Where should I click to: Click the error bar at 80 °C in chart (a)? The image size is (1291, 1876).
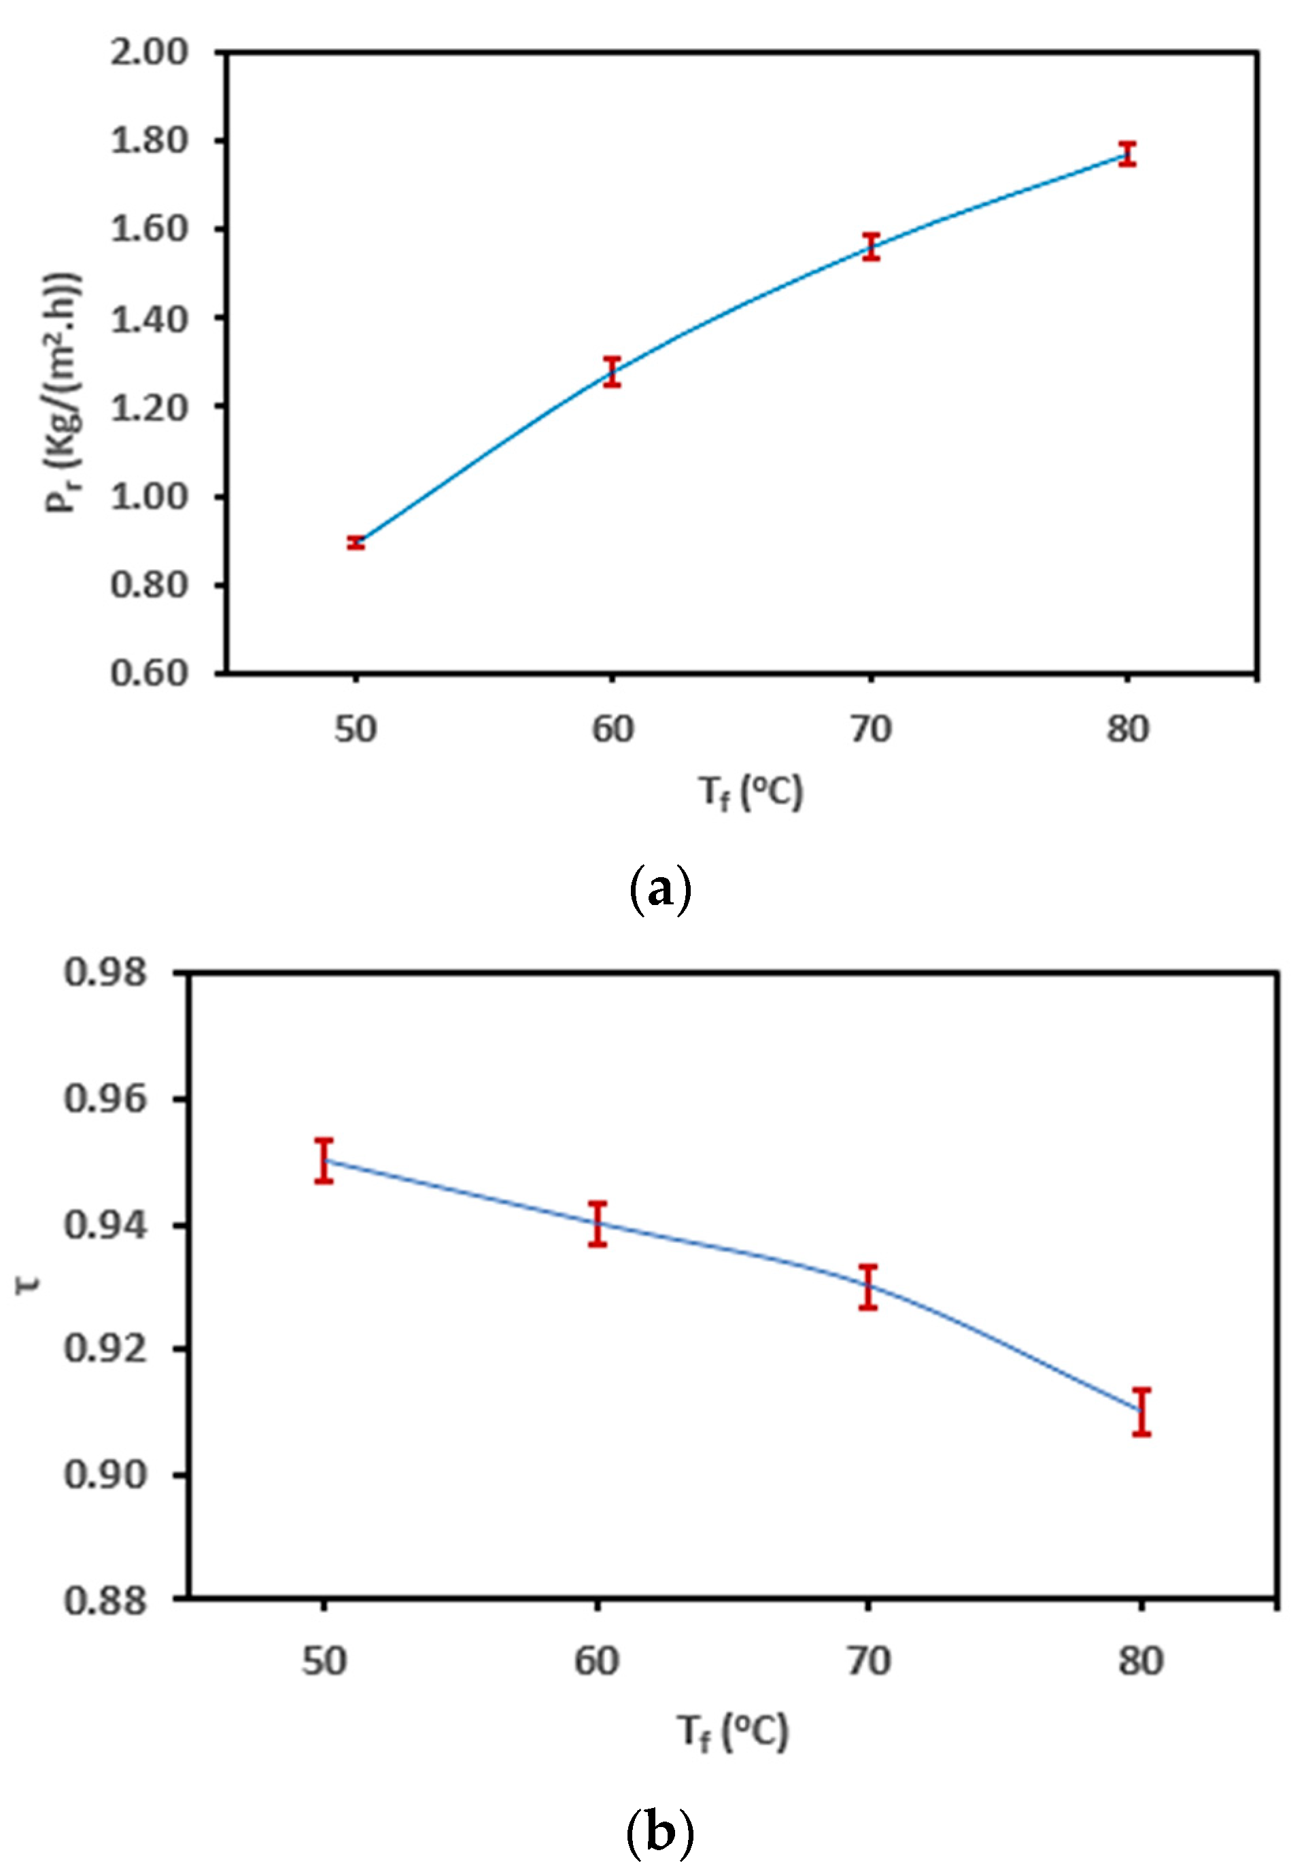tap(1128, 154)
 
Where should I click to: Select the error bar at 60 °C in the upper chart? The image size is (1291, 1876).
tap(613, 371)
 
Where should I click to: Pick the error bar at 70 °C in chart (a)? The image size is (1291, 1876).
tap(870, 246)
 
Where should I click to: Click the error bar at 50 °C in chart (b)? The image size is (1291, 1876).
tap(324, 1161)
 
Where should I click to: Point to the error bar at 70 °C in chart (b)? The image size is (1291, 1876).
tap(869, 1287)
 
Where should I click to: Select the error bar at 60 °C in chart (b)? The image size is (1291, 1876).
tap(598, 1224)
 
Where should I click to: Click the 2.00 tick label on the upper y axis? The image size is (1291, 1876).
tap(149, 52)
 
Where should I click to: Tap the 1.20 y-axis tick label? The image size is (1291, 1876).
tap(149, 407)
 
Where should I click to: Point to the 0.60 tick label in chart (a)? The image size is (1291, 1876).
tap(149, 672)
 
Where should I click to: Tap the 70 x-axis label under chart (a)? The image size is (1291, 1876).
tap(870, 730)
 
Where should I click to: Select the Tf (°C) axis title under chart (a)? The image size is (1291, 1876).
tap(751, 792)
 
